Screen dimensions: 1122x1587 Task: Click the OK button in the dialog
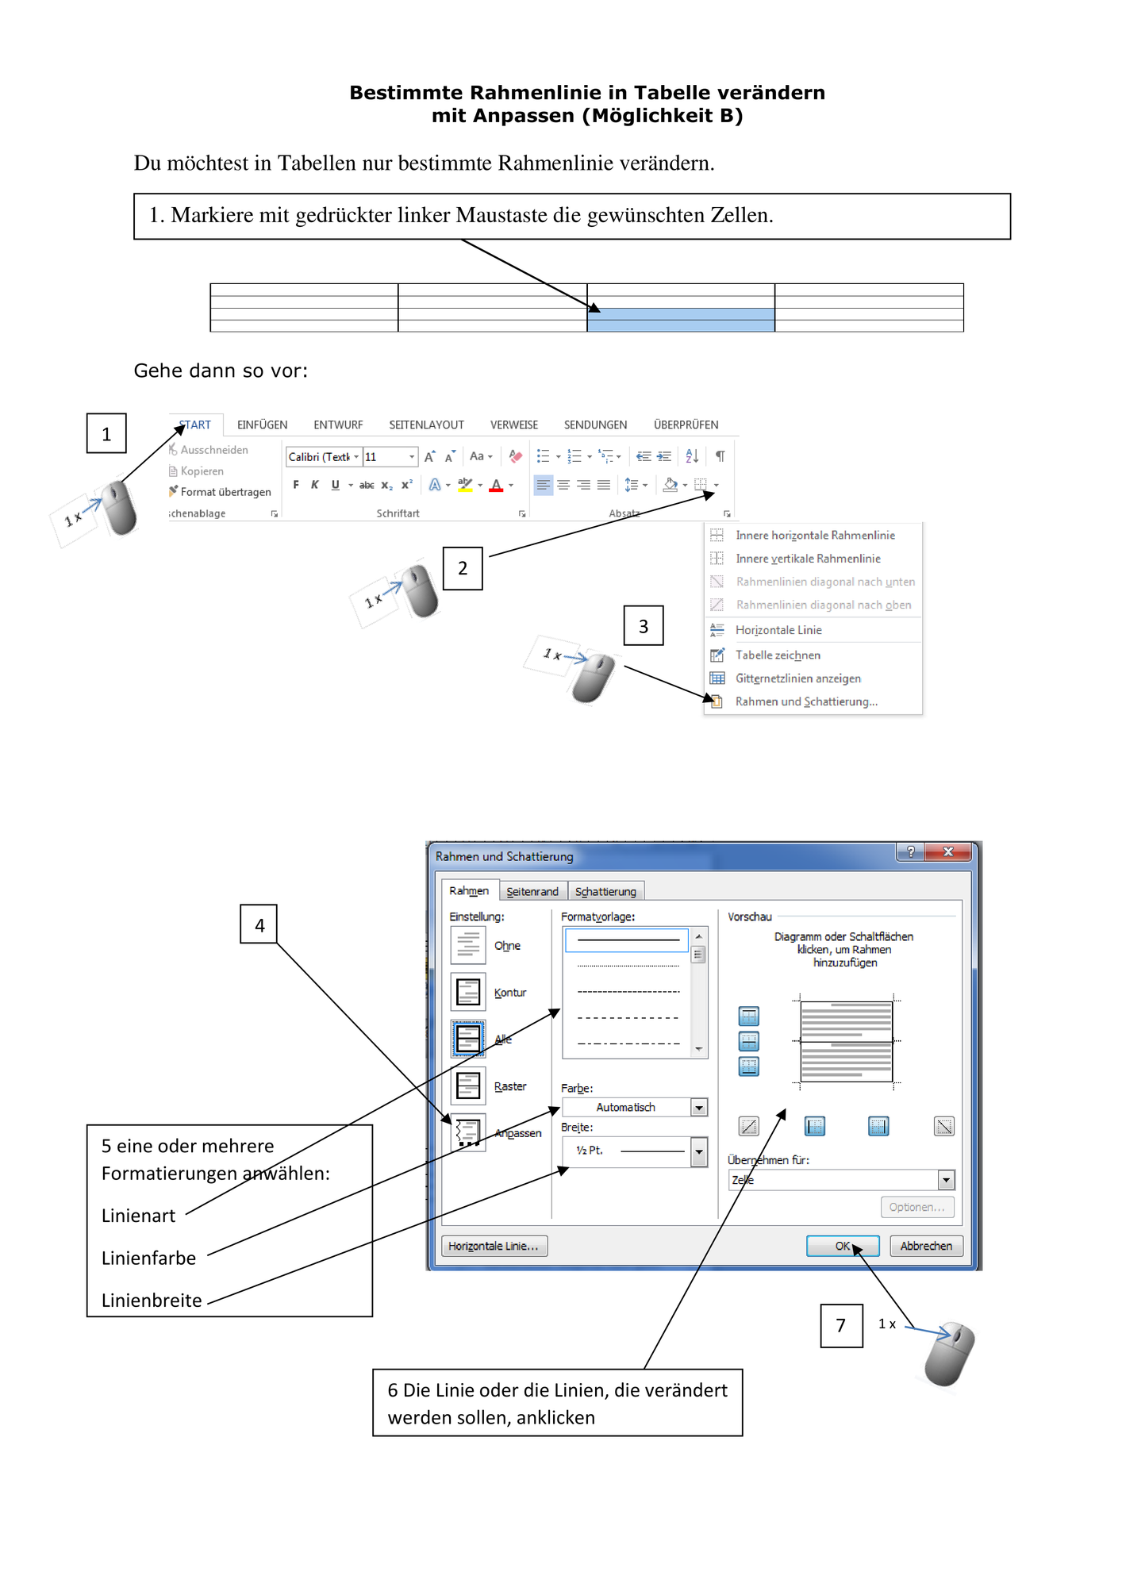coord(842,1246)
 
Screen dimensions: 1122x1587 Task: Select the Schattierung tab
coord(605,891)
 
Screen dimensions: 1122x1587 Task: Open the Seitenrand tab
coord(532,891)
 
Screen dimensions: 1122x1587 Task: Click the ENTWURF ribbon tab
coord(338,425)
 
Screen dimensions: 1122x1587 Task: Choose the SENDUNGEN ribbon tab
coord(595,425)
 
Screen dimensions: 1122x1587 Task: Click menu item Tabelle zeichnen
coord(778,655)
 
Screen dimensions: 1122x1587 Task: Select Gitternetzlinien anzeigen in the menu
coord(797,678)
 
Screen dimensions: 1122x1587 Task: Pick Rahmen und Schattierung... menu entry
coord(806,701)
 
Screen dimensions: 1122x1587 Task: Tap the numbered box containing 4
coord(259,924)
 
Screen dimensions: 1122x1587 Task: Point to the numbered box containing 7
coord(841,1325)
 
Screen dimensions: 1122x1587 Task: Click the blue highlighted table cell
coord(681,320)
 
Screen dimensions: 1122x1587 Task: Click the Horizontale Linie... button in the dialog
coord(494,1246)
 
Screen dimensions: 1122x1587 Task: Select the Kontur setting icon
coord(468,992)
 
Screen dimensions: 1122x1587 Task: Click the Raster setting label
coord(510,1086)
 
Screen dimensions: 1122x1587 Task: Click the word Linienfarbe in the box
coord(148,1258)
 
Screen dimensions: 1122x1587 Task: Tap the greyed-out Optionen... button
coord(916,1207)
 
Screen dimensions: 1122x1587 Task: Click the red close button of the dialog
coord(948,852)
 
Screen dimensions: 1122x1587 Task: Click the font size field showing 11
coord(390,456)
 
